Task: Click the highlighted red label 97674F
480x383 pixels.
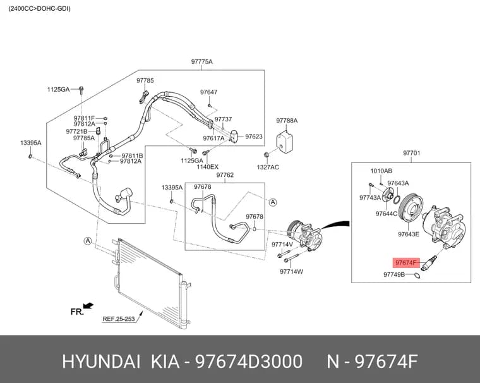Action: click(x=406, y=263)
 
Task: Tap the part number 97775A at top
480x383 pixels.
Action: click(x=201, y=61)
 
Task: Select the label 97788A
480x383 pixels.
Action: click(x=287, y=121)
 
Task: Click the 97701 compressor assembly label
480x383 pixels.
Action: click(x=411, y=152)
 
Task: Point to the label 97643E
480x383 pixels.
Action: click(x=409, y=234)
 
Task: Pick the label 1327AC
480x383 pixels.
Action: click(x=268, y=167)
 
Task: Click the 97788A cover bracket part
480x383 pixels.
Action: click(x=284, y=142)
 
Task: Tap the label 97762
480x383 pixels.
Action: click(x=225, y=174)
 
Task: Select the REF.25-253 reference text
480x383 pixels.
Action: click(x=119, y=319)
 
